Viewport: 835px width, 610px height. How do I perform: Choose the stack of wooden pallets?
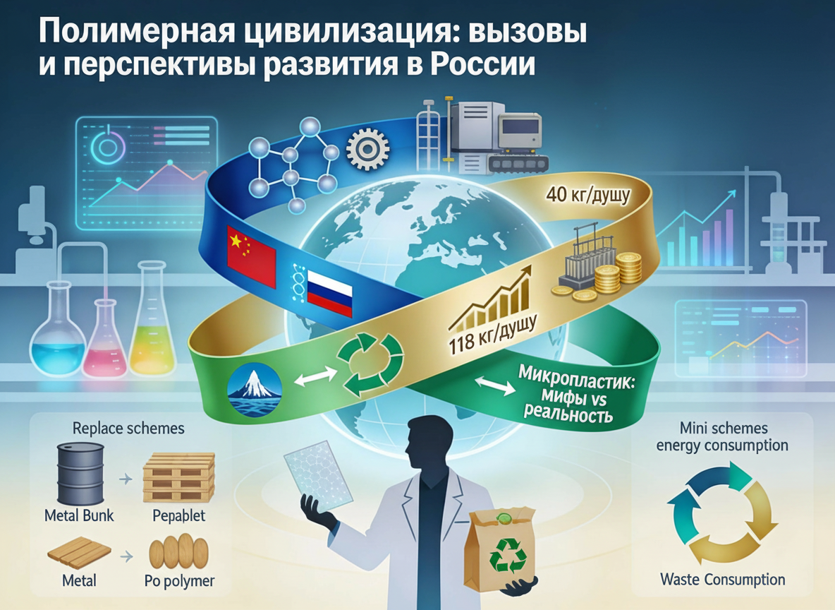pyautogui.click(x=178, y=477)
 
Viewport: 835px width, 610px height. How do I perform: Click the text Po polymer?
pyautogui.click(x=178, y=582)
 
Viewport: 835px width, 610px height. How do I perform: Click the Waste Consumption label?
pyautogui.click(x=722, y=580)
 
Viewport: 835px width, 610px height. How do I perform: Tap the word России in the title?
pyautogui.click(x=481, y=65)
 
